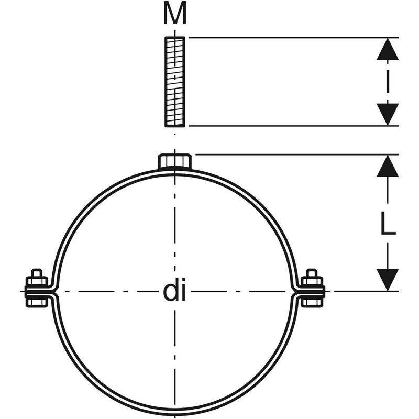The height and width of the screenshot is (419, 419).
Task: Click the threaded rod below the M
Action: [x=175, y=82]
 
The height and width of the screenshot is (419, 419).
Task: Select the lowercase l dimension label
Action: [x=388, y=82]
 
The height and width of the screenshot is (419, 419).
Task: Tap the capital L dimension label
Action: [x=388, y=223]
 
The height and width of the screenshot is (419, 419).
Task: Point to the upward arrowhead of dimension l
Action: [x=388, y=49]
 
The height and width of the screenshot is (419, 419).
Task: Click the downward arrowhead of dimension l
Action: [x=388, y=114]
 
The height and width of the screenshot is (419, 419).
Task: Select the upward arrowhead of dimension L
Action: [x=388, y=166]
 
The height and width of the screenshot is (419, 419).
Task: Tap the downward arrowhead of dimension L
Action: [x=388, y=280]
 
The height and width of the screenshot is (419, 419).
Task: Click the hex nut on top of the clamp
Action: [x=175, y=161]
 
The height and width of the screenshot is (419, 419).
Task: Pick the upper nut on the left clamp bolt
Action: [x=37, y=281]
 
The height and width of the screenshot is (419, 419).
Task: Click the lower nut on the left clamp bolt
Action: [x=37, y=302]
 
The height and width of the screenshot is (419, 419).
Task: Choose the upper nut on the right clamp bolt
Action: [x=312, y=281]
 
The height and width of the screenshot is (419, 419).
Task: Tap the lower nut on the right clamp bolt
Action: [x=312, y=302]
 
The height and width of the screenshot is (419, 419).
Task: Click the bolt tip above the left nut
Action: [x=37, y=272]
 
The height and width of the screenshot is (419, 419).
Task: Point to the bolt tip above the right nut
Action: [x=312, y=272]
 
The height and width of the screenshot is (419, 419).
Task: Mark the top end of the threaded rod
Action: [x=175, y=37]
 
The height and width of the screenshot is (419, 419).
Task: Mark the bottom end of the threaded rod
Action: [x=175, y=126]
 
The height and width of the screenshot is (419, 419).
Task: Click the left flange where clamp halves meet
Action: [x=40, y=292]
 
